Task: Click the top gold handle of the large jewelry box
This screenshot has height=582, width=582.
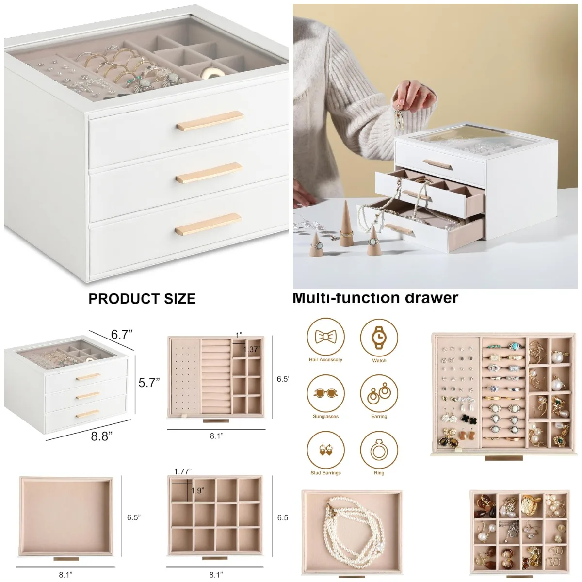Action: pyautogui.click(x=210, y=121)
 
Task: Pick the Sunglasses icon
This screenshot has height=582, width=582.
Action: pyautogui.click(x=325, y=394)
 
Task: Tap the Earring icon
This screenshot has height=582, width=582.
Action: pyautogui.click(x=379, y=394)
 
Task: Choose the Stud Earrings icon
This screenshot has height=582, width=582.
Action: pyautogui.click(x=325, y=450)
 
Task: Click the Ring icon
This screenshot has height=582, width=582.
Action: pyautogui.click(x=379, y=450)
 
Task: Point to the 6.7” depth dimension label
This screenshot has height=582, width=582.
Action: pyautogui.click(x=122, y=335)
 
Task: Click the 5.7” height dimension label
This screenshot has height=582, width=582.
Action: pyautogui.click(x=149, y=383)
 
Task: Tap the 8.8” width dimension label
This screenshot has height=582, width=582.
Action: pyautogui.click(x=102, y=436)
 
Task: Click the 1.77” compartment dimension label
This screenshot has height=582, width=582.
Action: pyautogui.click(x=183, y=471)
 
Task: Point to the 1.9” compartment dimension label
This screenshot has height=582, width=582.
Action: pyautogui.click(x=197, y=491)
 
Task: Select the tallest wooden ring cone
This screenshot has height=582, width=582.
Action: pyautogui.click(x=346, y=223)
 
